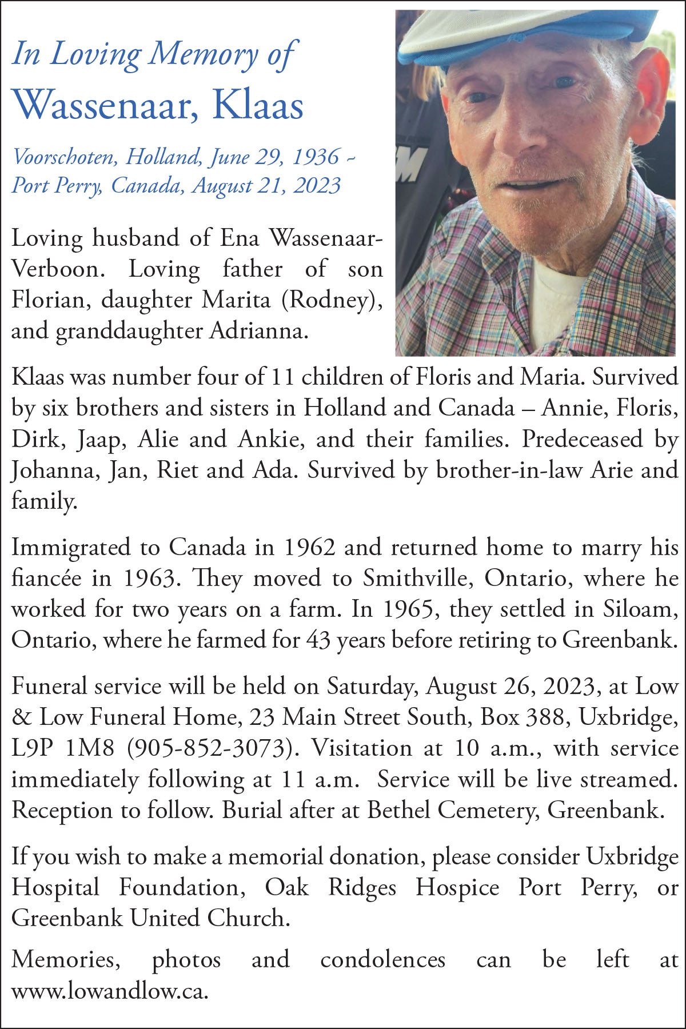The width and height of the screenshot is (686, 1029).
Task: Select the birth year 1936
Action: point(315,156)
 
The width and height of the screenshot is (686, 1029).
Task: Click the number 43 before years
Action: point(318,640)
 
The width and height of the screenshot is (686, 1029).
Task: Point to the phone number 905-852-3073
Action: point(207,748)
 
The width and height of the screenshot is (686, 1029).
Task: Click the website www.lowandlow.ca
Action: point(109,990)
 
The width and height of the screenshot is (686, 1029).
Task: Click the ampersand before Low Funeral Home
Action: point(22,717)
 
